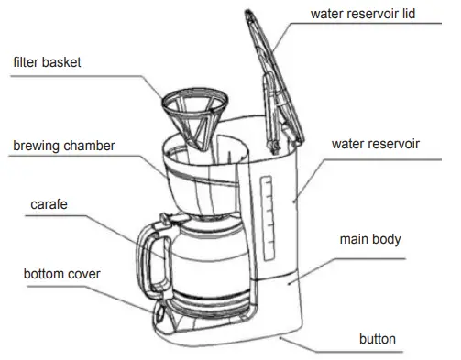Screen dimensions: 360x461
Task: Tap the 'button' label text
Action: pyautogui.click(x=377, y=339)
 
